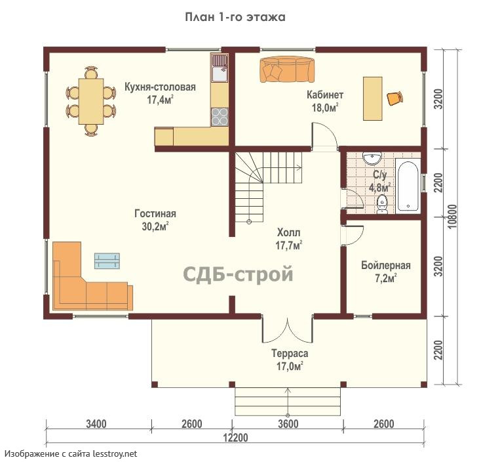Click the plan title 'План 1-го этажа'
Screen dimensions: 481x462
(235, 17)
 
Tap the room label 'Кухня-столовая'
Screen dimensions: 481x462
(160, 87)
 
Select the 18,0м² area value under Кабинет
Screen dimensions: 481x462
(325, 108)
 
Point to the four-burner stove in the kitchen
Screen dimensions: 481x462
(220, 117)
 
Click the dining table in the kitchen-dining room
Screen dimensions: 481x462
(91, 101)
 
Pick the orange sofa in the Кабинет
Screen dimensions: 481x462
(287, 70)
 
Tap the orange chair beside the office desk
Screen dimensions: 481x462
(394, 98)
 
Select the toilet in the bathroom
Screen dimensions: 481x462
(382, 203)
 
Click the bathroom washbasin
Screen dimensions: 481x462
(372, 158)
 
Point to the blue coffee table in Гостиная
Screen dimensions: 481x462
(107, 261)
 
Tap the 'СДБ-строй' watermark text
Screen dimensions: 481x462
(238, 274)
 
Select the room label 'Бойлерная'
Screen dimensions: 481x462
(385, 265)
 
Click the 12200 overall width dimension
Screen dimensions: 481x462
(235, 437)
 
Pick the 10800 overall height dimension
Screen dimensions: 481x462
(452, 217)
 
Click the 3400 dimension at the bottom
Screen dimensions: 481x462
(96, 424)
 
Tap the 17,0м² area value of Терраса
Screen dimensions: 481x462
(290, 366)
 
